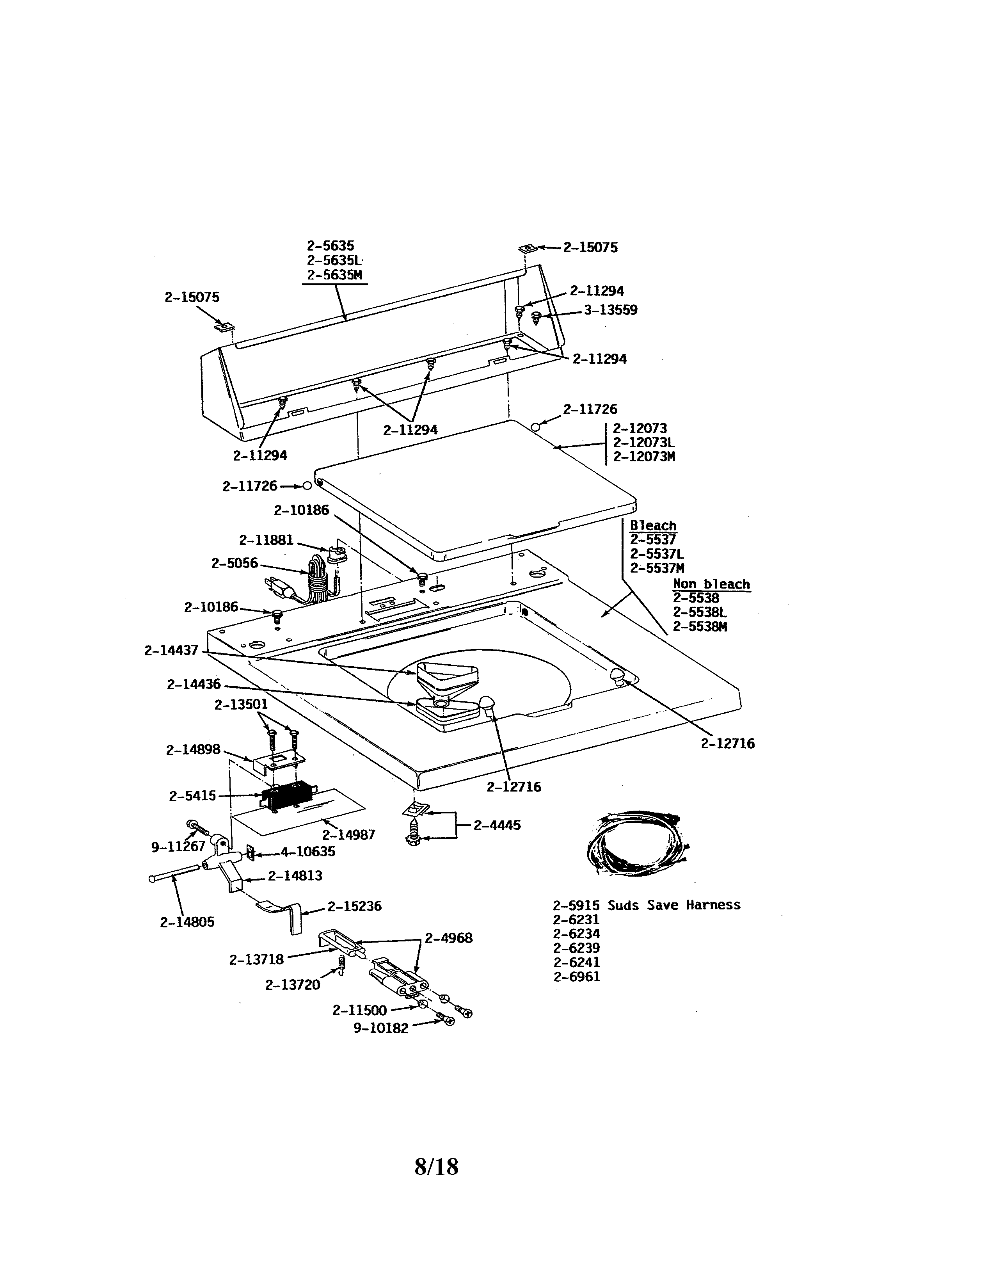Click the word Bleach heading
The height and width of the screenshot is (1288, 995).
(x=653, y=525)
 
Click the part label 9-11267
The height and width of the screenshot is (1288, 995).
(x=178, y=847)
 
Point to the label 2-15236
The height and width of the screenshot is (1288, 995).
(x=354, y=906)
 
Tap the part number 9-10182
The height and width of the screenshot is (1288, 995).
(x=381, y=1028)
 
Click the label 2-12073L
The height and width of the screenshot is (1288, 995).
(x=644, y=442)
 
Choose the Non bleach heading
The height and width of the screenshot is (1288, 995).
(x=711, y=584)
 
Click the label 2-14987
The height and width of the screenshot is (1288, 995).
(x=348, y=835)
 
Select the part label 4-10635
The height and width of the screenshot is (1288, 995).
(x=307, y=852)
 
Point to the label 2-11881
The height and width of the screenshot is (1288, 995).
(x=266, y=540)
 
